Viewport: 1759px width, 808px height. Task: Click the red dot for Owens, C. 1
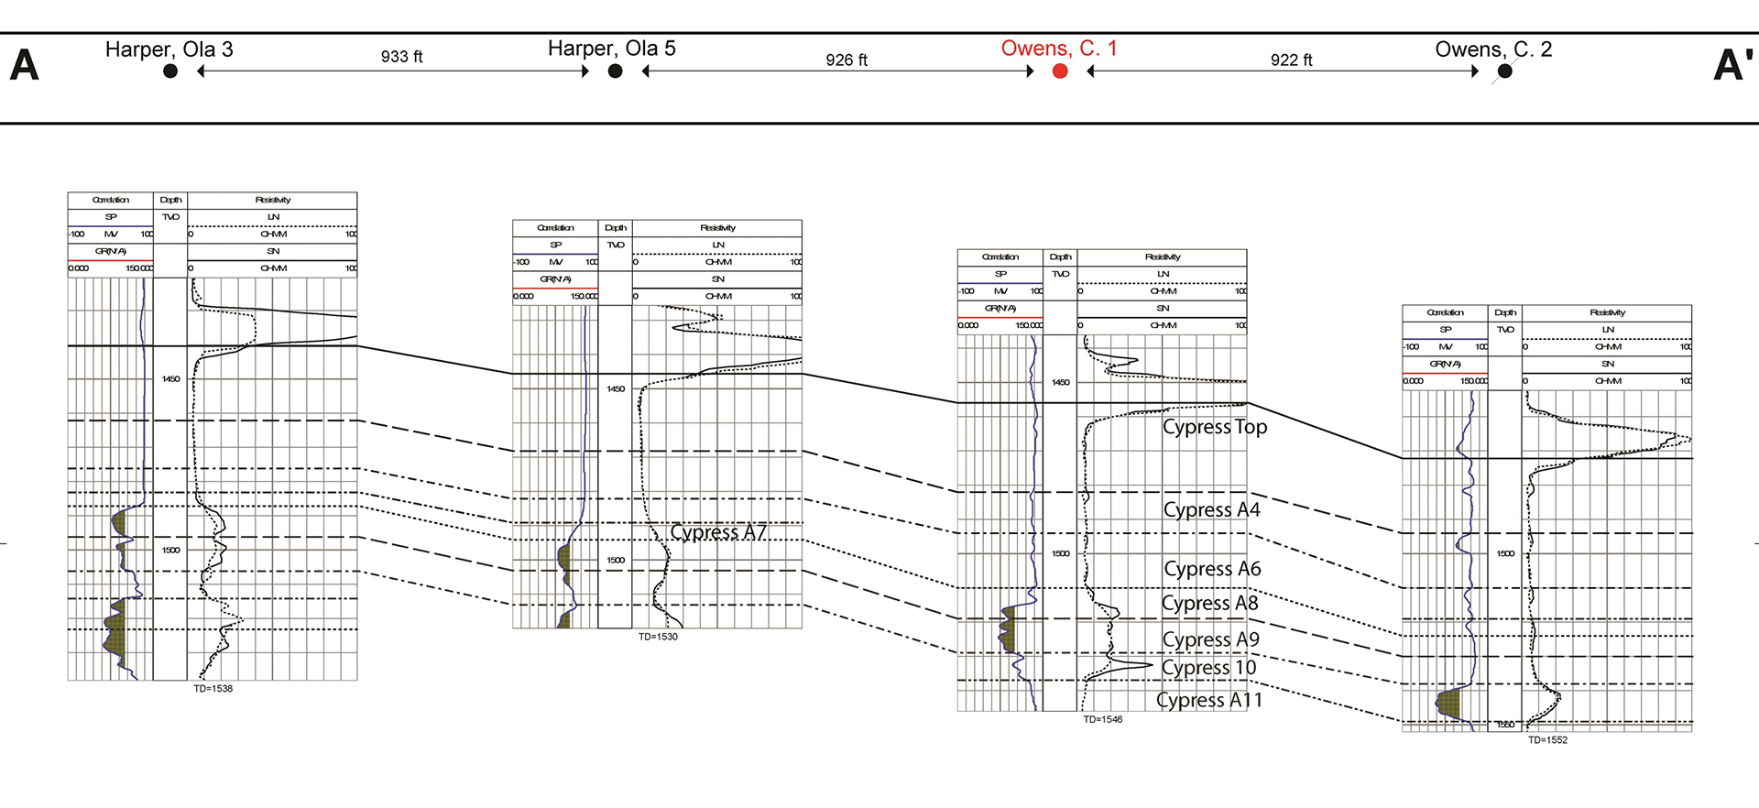[x=1060, y=71]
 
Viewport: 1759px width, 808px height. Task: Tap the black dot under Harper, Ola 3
[x=170, y=71]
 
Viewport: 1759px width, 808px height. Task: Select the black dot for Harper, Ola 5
[x=616, y=71]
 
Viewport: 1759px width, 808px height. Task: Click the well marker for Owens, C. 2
[x=1505, y=71]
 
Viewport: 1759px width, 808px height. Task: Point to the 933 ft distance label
[x=401, y=57]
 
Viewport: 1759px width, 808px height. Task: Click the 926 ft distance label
[x=847, y=60]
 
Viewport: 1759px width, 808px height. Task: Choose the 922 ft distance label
[x=1291, y=60]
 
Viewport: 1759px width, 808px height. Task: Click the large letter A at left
[x=25, y=65]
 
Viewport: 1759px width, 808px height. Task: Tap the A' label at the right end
[x=1733, y=65]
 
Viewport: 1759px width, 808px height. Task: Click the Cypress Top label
[x=1215, y=427]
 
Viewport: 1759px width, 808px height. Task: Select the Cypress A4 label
[x=1211, y=510]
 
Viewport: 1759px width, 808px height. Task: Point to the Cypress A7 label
[x=718, y=532]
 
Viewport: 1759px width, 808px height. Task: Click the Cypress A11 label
[x=1209, y=701]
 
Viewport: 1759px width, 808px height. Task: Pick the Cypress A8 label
[x=1209, y=604]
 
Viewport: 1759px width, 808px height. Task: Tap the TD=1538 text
[x=213, y=689]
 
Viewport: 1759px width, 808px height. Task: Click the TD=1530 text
[x=658, y=637]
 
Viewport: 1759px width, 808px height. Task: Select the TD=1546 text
[x=1103, y=720]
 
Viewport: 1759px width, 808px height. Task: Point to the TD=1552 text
[x=1547, y=740]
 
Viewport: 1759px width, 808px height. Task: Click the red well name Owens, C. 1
[x=1059, y=49]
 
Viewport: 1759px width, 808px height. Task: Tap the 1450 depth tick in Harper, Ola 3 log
[x=171, y=379]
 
